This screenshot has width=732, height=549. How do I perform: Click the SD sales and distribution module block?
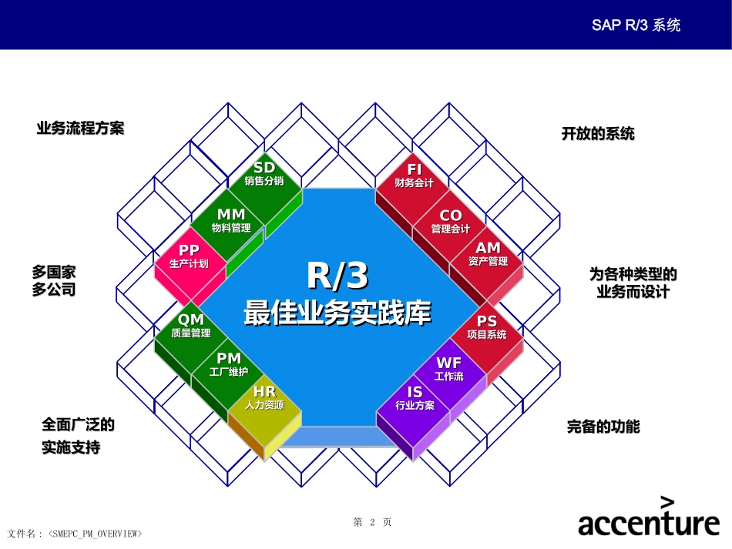[264, 174]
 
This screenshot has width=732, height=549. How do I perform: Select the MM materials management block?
[231, 220]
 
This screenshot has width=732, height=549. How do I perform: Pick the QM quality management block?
[190, 326]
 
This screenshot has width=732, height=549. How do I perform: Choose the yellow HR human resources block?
[264, 398]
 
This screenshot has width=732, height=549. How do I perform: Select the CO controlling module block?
[451, 222]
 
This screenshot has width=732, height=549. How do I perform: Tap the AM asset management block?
[488, 254]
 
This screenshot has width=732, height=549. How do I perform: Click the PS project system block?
[487, 327]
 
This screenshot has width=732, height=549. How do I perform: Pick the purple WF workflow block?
[449, 369]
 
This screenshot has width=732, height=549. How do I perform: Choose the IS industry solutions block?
[415, 398]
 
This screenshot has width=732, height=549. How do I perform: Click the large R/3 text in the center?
[337, 275]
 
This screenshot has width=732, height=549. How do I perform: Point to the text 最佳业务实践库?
[337, 313]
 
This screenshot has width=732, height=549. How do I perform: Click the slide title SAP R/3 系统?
[636, 25]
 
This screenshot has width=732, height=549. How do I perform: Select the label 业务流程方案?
[80, 129]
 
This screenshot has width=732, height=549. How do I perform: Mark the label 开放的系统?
[598, 134]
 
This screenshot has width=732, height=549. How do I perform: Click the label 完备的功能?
[603, 427]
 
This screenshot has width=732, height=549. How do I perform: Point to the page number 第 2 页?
[372, 522]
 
